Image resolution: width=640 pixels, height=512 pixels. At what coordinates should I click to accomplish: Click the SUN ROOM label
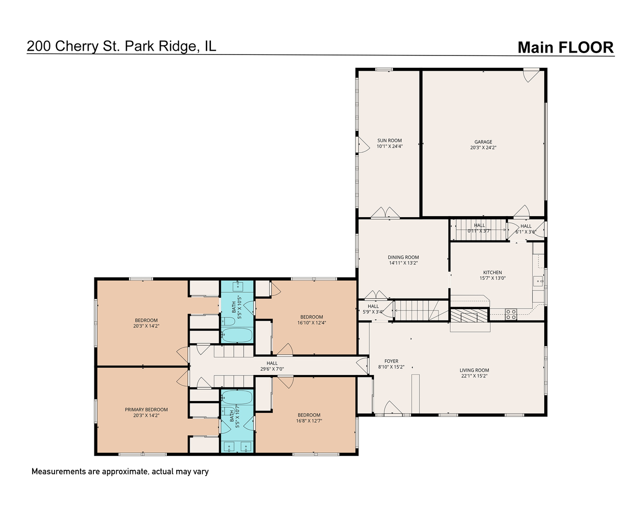(389, 140)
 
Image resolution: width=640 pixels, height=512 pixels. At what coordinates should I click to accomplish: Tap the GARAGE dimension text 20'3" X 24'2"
(483, 147)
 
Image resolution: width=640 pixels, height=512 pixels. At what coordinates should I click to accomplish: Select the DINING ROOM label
(403, 257)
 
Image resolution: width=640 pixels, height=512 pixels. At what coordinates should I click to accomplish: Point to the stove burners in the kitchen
(511, 314)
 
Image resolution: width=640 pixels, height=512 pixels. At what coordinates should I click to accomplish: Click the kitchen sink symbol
(538, 281)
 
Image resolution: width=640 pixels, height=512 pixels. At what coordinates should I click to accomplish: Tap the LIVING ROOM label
(474, 370)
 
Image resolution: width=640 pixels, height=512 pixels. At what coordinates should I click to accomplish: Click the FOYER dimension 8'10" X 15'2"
(391, 367)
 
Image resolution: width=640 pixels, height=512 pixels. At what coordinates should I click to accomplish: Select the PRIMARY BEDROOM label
(146, 410)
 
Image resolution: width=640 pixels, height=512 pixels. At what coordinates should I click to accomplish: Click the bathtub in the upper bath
(237, 335)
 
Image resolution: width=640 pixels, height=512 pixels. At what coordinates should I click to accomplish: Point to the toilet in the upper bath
(228, 321)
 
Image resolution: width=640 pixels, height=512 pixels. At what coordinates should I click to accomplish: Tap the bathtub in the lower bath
(237, 397)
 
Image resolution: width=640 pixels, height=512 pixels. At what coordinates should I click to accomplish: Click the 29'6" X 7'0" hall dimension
(272, 369)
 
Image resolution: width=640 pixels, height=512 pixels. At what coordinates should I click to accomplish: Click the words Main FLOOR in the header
(566, 47)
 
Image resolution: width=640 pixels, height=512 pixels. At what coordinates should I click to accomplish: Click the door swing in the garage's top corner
(531, 75)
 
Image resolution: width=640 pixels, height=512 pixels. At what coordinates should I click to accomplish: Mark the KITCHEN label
(493, 273)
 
